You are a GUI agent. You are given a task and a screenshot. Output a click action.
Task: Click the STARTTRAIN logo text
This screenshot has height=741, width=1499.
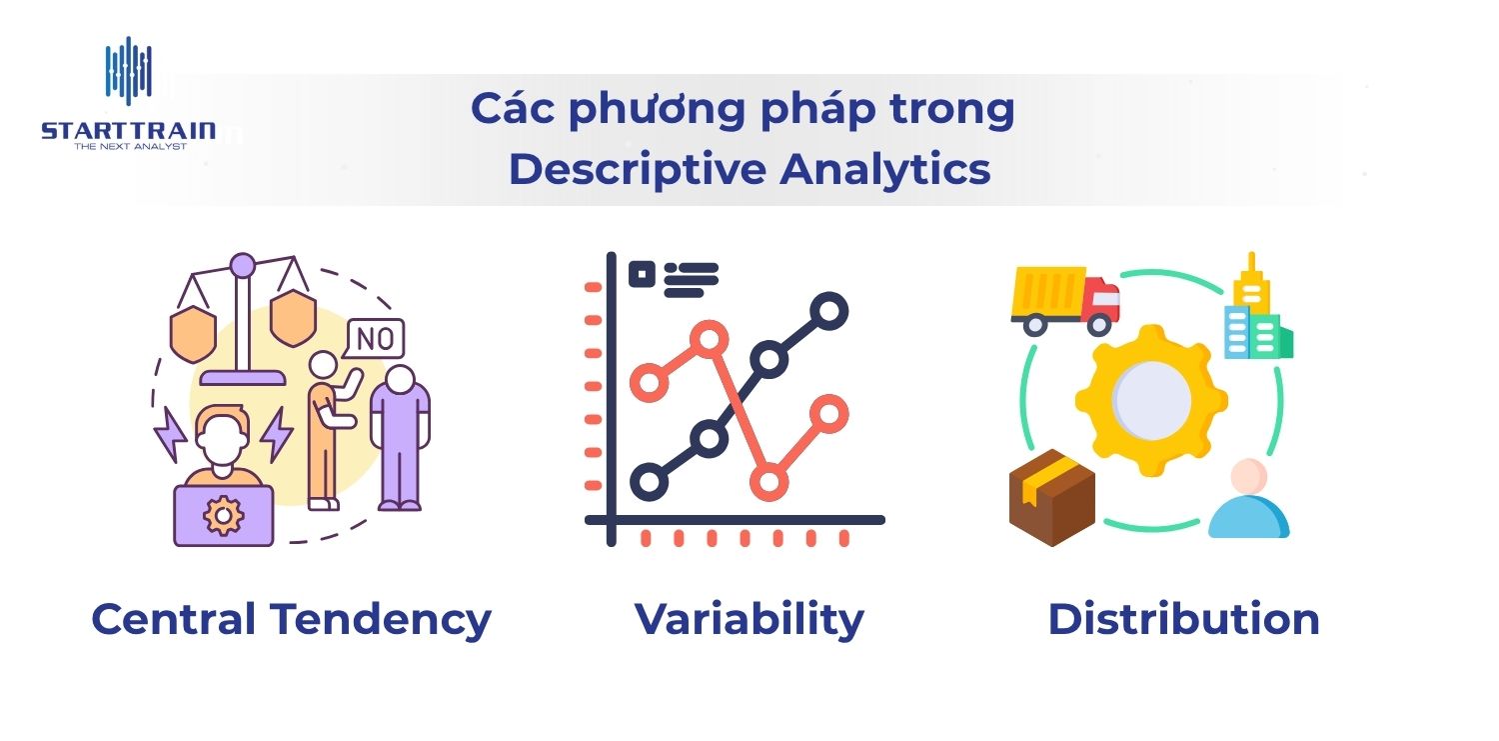[129, 131]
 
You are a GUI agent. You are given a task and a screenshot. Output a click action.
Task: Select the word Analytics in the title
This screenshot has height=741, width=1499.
[884, 170]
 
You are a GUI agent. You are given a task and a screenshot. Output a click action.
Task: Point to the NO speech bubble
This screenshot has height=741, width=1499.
[374, 339]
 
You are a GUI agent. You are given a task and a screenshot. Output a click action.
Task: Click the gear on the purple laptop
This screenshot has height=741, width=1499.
[223, 515]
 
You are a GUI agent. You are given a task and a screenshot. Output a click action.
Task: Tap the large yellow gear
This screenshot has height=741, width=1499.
[1151, 400]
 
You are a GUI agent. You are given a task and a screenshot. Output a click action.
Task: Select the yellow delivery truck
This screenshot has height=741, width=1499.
[1065, 301]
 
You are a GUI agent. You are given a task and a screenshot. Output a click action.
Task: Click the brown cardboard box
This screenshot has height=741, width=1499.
[1052, 497]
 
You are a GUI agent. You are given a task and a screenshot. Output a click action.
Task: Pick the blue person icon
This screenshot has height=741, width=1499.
[1249, 500]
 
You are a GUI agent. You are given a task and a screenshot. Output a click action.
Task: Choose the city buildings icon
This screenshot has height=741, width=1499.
[1258, 307]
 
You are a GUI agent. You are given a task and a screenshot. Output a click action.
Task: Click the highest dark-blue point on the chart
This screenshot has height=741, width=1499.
[828, 311]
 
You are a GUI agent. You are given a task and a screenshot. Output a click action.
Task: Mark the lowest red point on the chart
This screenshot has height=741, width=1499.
[768, 481]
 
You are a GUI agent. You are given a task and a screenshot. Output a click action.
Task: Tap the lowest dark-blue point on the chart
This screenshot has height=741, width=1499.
[650, 481]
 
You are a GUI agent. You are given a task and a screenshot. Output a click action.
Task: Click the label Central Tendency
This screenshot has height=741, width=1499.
[291, 620]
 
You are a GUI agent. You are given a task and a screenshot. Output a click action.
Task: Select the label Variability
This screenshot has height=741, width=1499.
[749, 620]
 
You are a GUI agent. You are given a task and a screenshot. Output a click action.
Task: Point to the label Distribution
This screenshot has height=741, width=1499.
[1184, 619]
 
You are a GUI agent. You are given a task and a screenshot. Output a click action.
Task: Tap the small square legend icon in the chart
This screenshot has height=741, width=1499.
[642, 274]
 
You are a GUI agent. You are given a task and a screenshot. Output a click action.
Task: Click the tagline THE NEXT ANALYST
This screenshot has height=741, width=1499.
[131, 147]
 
